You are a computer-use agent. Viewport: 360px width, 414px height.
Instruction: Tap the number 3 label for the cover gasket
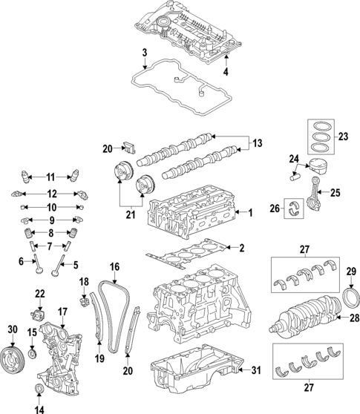point(145,52)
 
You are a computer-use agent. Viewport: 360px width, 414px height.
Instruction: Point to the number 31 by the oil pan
point(256,370)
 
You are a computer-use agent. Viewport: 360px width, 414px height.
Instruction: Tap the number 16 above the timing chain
point(114,266)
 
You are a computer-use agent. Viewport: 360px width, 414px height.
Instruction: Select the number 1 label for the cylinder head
point(250,213)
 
